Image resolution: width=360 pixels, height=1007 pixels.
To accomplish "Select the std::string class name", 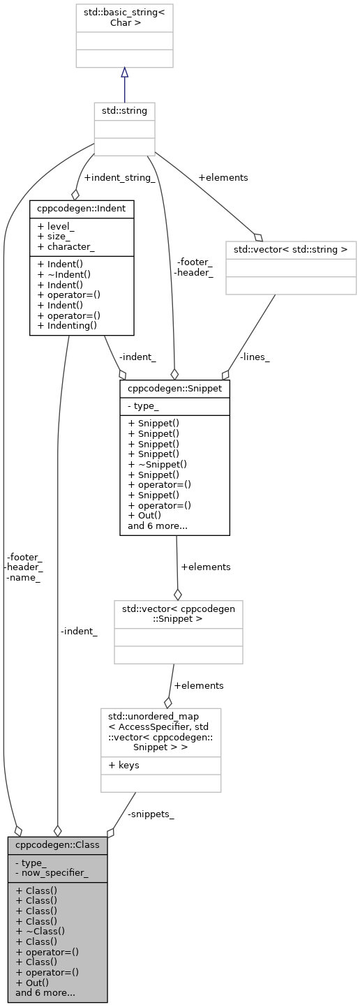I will point(124,111).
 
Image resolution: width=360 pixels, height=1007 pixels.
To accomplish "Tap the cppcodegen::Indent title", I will point(82,208).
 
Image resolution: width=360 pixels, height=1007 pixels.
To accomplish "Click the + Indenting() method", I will point(68,325).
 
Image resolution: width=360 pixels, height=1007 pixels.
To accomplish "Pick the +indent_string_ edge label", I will point(119,178).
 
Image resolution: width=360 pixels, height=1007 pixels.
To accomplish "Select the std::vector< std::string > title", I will point(290,249).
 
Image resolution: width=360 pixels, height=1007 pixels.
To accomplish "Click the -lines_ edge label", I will point(255,357).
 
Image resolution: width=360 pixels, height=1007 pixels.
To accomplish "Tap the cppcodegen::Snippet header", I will point(174,387).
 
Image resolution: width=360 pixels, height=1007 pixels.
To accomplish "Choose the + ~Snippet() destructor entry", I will point(157,463).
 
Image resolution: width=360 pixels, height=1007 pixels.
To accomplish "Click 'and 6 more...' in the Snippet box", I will point(158,525).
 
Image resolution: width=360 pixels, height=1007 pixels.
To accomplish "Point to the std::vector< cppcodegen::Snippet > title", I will point(179,613).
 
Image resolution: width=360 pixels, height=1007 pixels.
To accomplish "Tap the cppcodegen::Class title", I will point(57,844).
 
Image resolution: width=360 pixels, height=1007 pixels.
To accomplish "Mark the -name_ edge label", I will point(23,577).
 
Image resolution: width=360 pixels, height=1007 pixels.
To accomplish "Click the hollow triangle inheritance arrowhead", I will point(124,72).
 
